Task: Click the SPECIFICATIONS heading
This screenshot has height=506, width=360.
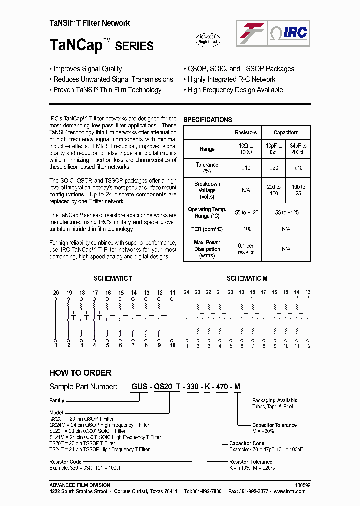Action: [208, 120]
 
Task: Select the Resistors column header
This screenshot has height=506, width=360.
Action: [246, 133]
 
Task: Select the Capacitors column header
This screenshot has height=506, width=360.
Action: [286, 133]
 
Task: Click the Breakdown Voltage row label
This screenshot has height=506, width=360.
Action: [207, 190]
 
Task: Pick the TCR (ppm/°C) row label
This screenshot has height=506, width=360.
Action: [207, 229]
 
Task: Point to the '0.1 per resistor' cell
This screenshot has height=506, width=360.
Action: [246, 249]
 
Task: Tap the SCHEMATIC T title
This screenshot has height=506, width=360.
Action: [113, 278]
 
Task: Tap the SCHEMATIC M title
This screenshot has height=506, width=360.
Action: [247, 278]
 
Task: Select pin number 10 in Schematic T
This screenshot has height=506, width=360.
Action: [173, 345]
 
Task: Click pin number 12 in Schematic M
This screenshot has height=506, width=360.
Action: [308, 346]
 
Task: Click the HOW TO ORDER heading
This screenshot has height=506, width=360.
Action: [80, 373]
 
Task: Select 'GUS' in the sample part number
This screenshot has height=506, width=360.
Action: [139, 386]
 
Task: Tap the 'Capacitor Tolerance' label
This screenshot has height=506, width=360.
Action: [274, 425]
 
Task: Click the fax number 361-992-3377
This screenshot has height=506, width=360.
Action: [254, 491]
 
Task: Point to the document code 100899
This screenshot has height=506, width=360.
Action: [303, 485]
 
